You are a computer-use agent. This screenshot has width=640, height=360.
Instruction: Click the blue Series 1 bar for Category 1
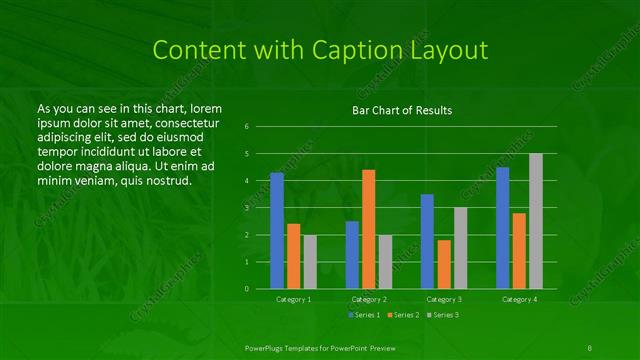[x=277, y=231]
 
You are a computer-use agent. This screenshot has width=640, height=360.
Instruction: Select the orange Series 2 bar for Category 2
[x=369, y=229]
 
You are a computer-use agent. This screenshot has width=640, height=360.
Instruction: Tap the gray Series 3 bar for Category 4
[x=536, y=221]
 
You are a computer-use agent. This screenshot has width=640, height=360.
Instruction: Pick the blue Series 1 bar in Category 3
[x=427, y=241]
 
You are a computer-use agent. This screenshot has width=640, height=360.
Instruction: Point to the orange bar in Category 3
[x=444, y=264]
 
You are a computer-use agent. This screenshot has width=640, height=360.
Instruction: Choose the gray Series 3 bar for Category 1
[x=310, y=262]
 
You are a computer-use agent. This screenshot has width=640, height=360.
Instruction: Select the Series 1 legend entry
[x=362, y=315]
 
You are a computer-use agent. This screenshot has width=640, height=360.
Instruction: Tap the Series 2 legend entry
[x=402, y=315]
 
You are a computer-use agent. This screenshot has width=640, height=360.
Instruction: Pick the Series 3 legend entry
[x=442, y=315]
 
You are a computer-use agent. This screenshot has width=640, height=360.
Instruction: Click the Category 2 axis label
[x=369, y=299]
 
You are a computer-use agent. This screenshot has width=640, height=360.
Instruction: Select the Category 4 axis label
[x=519, y=299]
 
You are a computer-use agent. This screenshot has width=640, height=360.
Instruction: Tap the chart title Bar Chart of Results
[x=403, y=110]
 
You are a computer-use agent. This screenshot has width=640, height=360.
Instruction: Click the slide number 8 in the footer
[x=590, y=346]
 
